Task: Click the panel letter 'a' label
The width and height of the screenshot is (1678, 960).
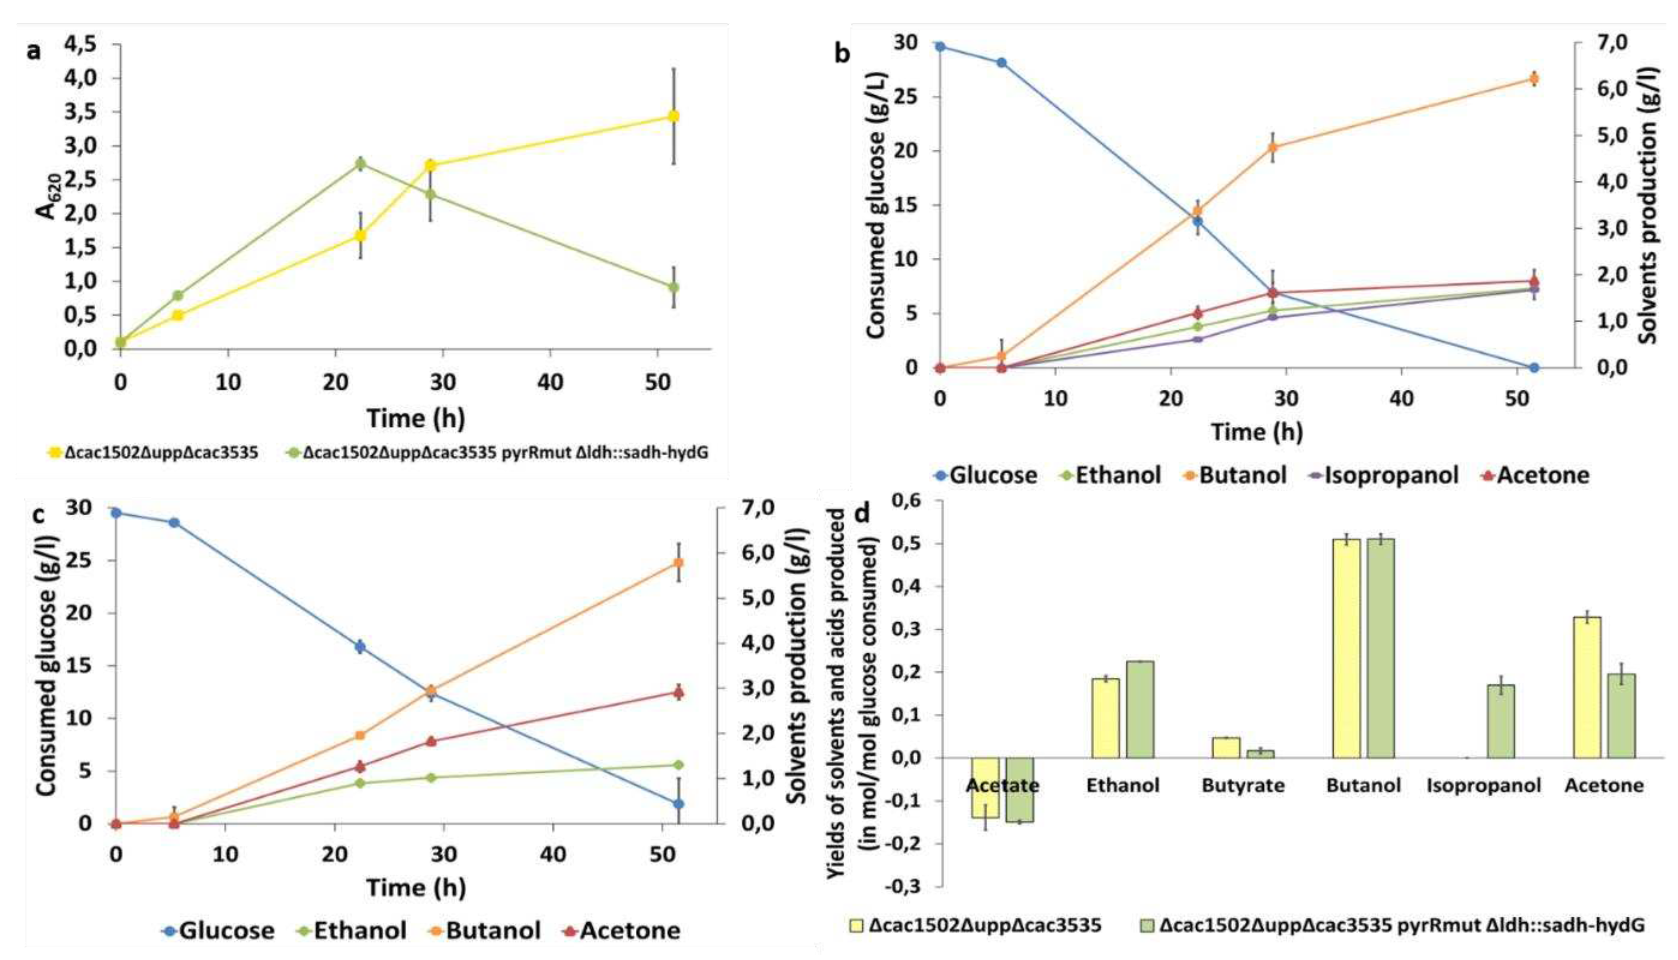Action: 33,51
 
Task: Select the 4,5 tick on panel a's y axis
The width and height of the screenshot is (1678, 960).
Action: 81,44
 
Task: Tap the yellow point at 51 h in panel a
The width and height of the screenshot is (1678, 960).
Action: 673,116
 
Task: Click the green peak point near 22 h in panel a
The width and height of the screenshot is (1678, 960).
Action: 360,163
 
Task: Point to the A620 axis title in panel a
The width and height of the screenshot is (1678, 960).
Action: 48,197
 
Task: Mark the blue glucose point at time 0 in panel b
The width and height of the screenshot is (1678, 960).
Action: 941,47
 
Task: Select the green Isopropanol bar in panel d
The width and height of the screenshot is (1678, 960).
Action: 1501,721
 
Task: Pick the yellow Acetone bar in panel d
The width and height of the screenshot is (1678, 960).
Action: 1587,687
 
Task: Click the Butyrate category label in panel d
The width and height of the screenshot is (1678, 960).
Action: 1242,786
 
